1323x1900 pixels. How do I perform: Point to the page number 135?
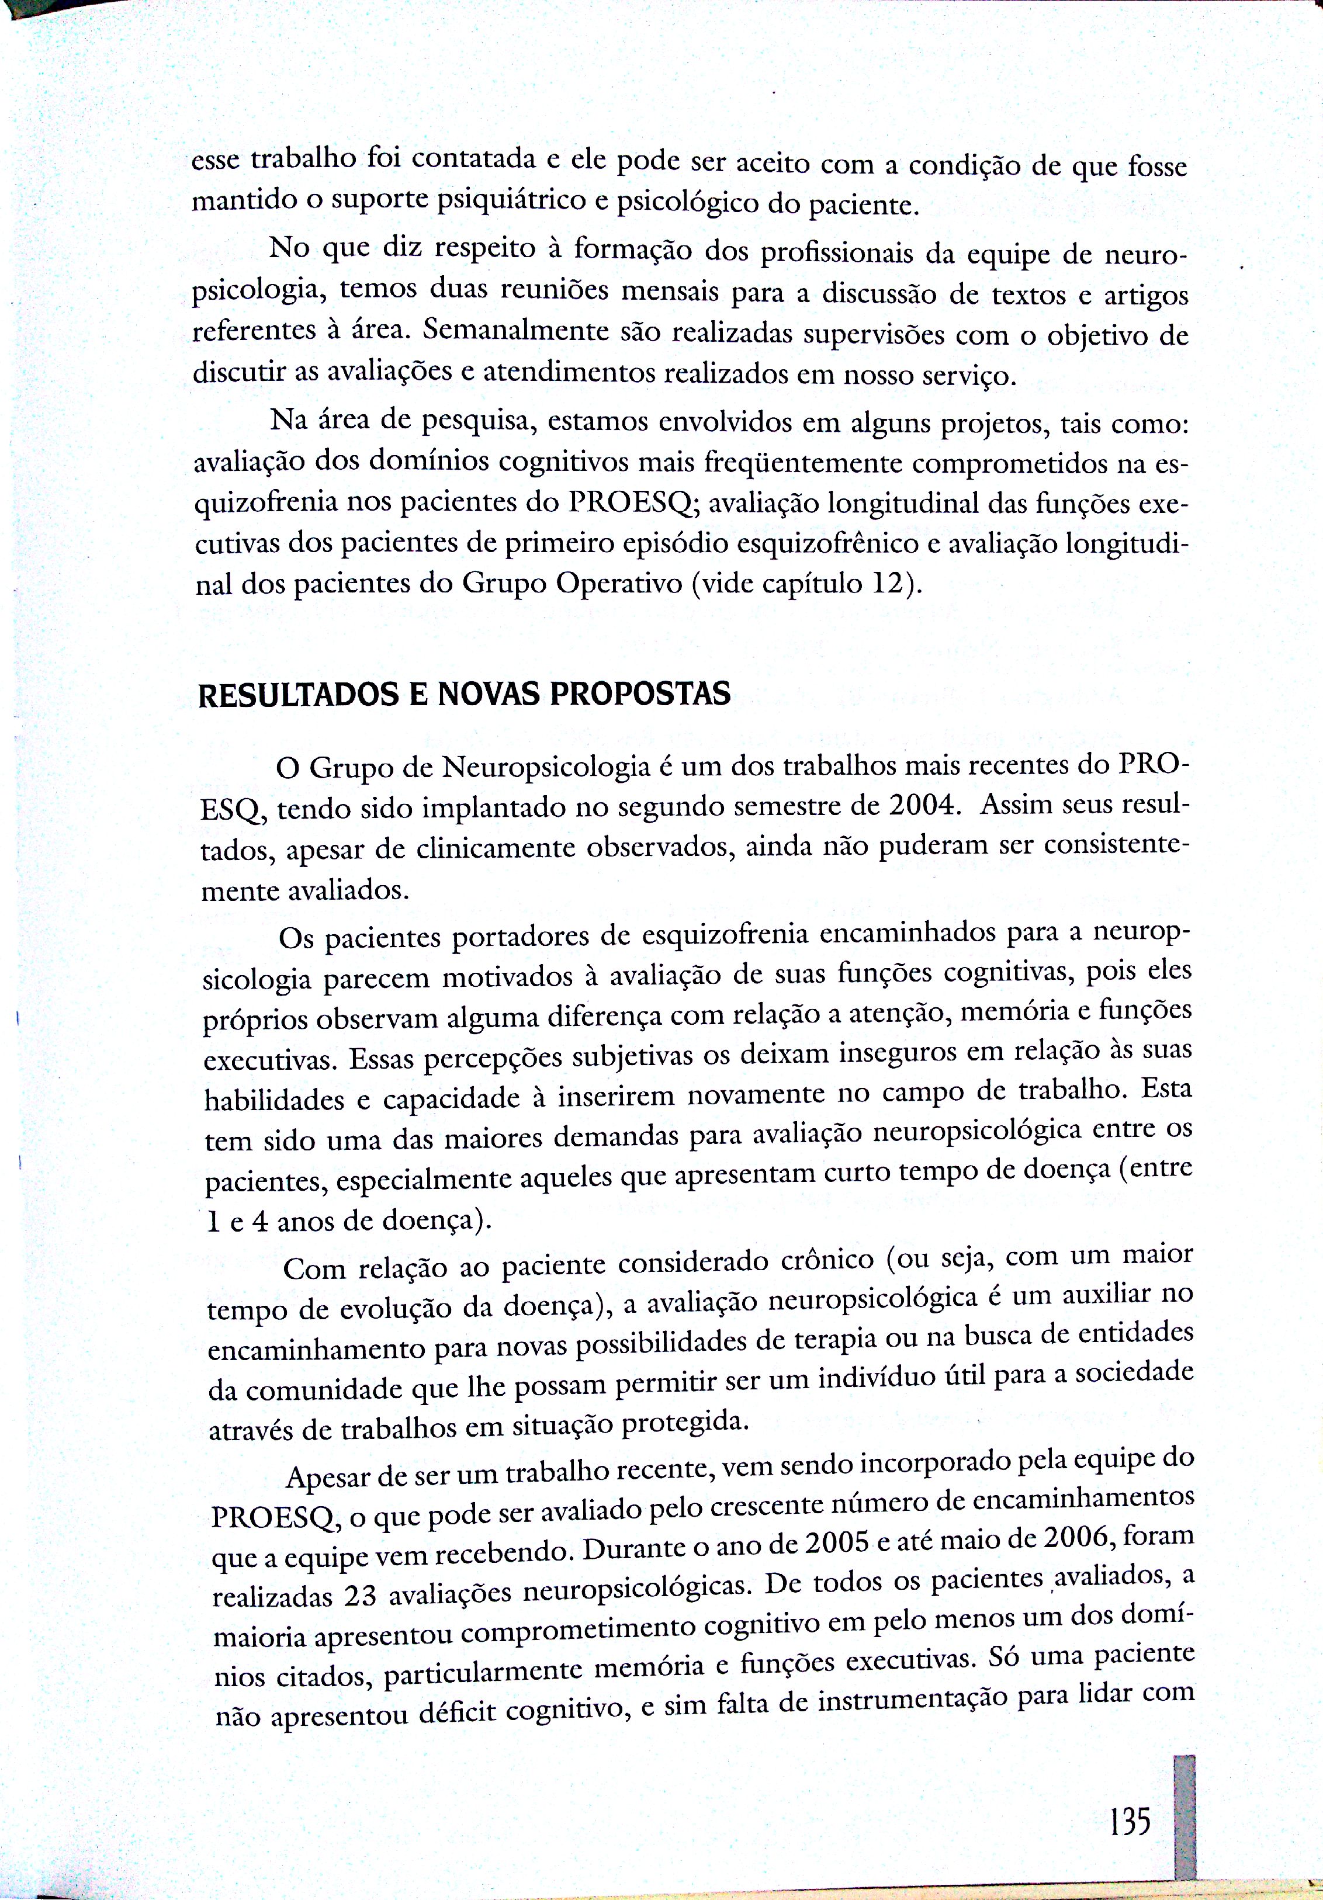[1130, 1821]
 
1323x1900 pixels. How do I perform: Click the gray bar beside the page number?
[1185, 1816]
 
